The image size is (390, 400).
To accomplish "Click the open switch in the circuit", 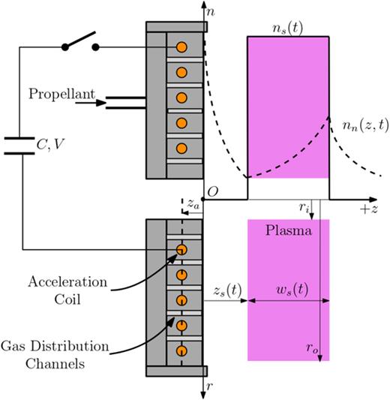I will click(x=81, y=42).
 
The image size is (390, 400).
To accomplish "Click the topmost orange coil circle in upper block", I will click(x=181, y=47).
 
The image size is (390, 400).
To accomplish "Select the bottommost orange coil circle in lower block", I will click(x=181, y=350).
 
